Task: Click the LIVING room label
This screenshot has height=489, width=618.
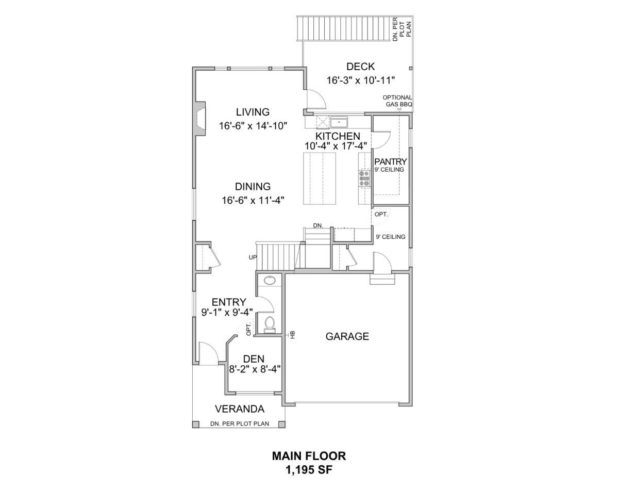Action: [253, 112]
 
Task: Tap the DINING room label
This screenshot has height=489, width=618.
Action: [253, 187]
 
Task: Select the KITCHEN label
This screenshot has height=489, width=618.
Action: [338, 136]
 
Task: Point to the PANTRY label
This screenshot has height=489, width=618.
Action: [390, 161]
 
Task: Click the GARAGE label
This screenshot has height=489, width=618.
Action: [347, 336]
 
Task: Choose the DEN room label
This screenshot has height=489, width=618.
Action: [254, 359]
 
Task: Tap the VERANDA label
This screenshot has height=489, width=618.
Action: [240, 409]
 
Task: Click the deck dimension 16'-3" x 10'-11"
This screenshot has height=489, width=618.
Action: [361, 80]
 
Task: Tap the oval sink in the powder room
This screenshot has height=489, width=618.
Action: [270, 281]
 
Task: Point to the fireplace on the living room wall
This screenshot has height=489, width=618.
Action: [201, 119]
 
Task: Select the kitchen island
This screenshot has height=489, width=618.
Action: [320, 178]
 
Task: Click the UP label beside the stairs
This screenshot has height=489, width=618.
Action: [253, 257]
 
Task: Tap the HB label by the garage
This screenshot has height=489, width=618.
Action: [292, 335]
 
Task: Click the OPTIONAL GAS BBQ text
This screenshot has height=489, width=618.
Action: [397, 101]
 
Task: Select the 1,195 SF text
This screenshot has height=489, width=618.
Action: [309, 470]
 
